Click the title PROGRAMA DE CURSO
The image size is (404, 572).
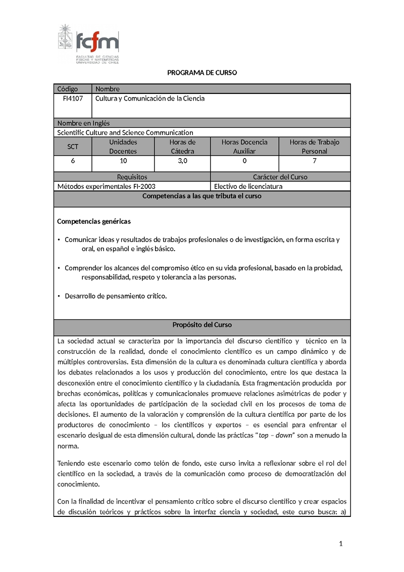tap(202, 73)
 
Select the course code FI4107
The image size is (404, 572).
tap(73, 99)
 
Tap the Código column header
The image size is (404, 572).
tap(68, 89)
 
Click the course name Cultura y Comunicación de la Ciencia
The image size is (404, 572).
tap(150, 99)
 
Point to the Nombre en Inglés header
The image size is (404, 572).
tap(83, 123)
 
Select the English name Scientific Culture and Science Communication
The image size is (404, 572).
tap(125, 132)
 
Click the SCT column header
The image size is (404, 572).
tap(73, 147)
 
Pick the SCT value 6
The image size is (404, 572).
tap(73, 161)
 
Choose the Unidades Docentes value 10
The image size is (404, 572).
tap(123, 161)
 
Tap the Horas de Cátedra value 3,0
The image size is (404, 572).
tap(182, 161)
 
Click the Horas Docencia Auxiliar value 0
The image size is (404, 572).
tap(244, 161)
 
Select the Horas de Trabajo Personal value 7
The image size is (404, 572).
tap(315, 161)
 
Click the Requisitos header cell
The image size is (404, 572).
tap(132, 177)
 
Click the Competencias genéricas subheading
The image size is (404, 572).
tap(94, 221)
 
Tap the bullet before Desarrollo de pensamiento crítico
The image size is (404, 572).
tap(59, 296)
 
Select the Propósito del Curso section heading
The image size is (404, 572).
tap(202, 325)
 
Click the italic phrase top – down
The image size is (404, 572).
tap(276, 435)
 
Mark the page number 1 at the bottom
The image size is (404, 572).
tap(341, 544)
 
